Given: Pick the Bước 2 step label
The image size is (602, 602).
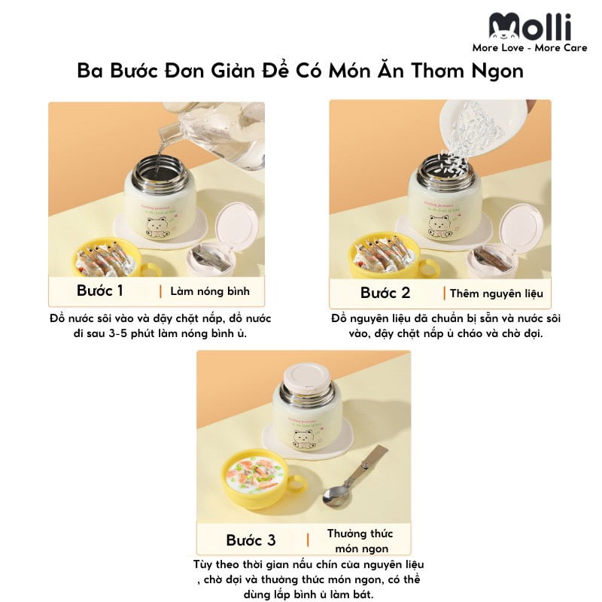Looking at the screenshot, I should (385, 293).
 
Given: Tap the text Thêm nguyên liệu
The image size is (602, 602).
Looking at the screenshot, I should (496, 293).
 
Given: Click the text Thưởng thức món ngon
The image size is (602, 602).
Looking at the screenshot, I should (360, 540).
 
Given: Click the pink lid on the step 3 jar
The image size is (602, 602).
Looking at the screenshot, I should (306, 373).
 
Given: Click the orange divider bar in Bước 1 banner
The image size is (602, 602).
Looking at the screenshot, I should (160, 291).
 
